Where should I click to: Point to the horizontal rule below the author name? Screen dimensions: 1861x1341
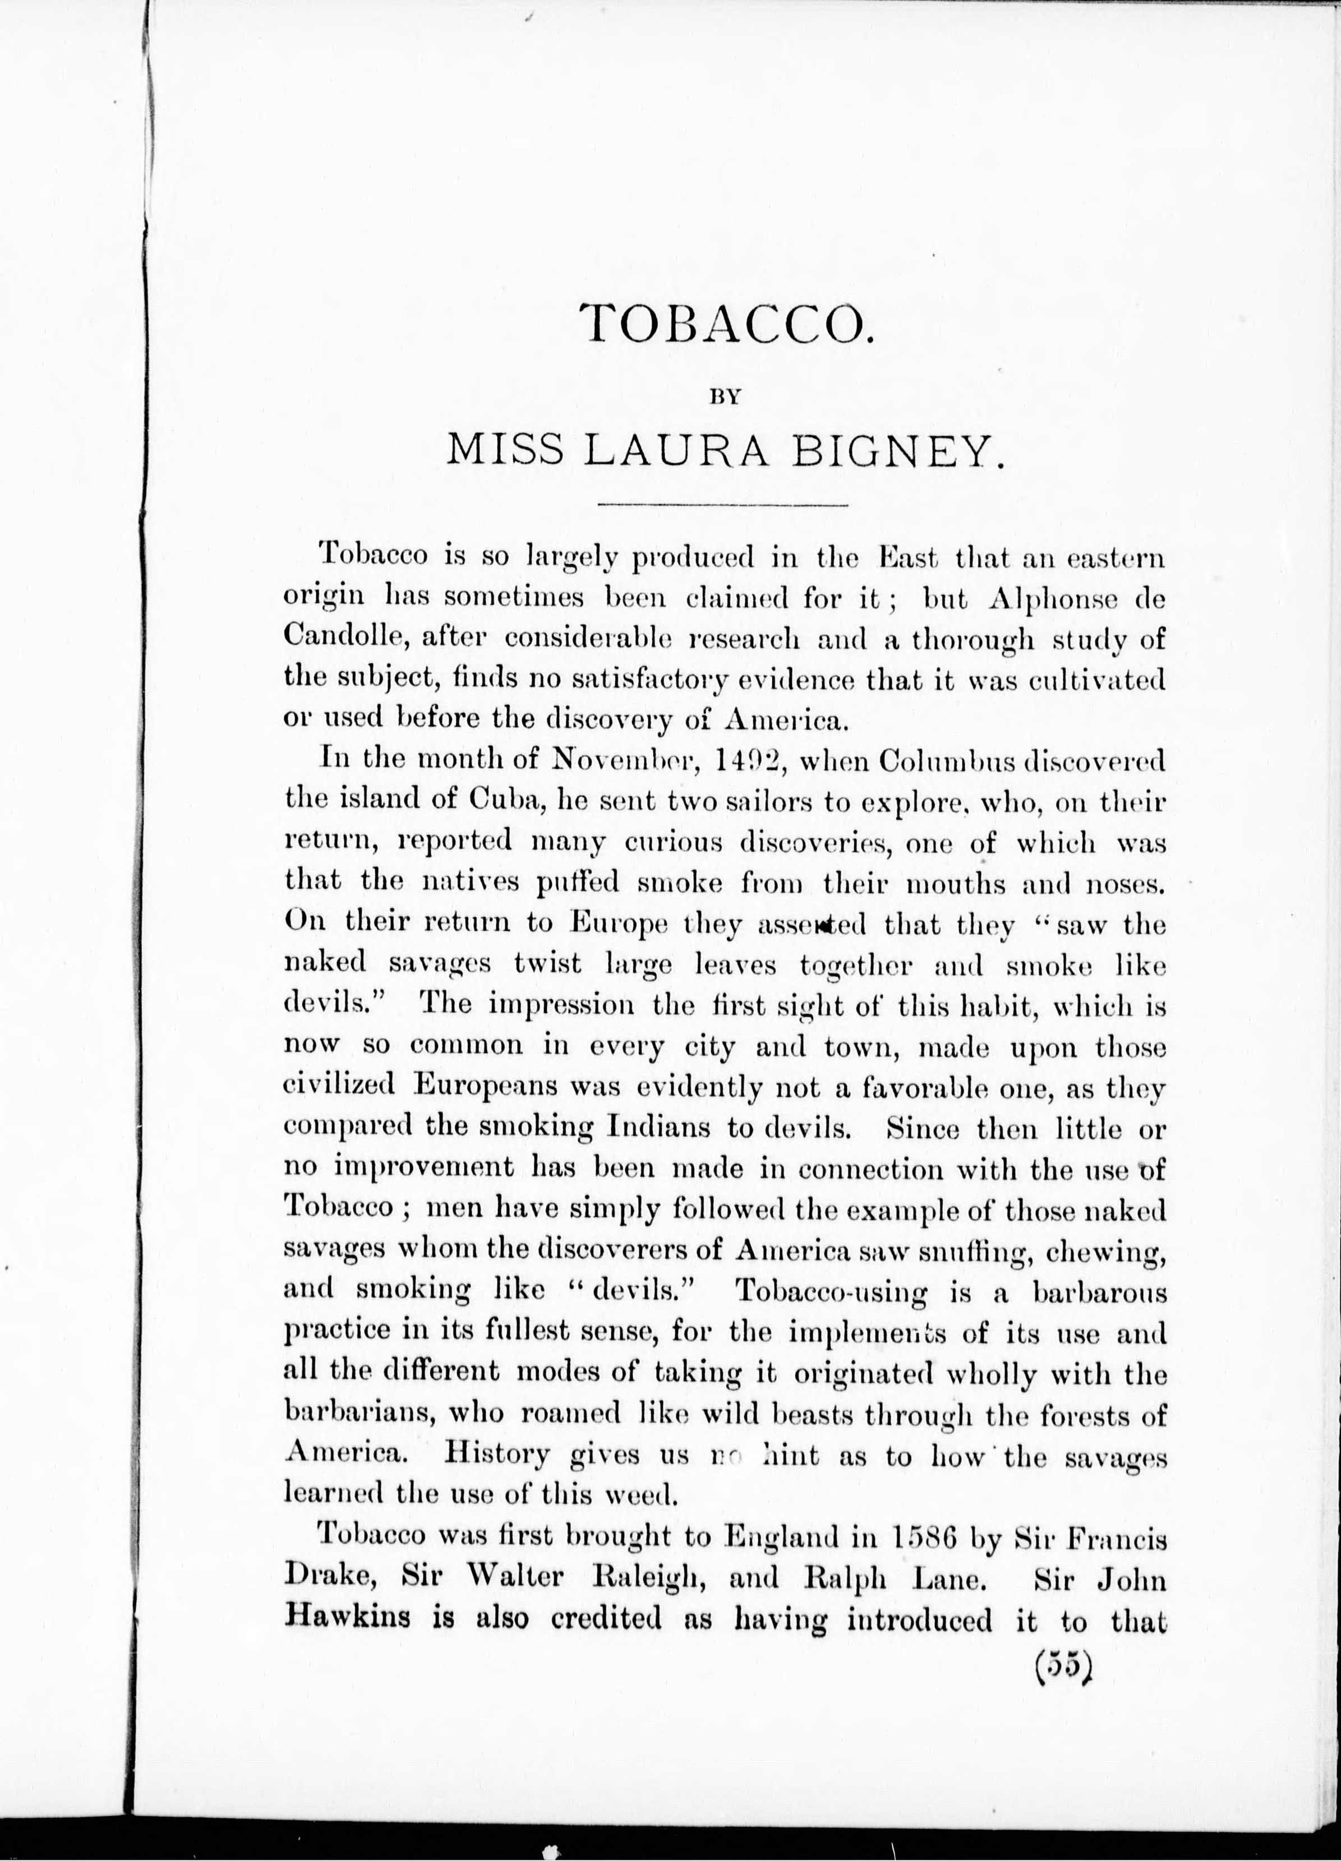coord(723,504)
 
